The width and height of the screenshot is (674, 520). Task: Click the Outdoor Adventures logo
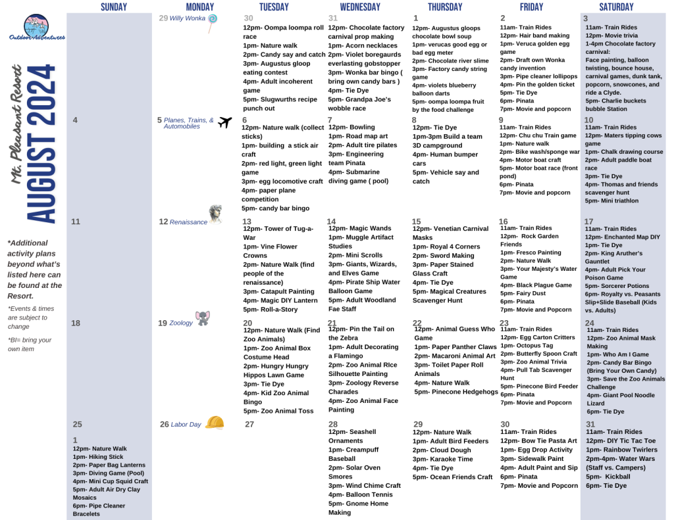tap(37, 28)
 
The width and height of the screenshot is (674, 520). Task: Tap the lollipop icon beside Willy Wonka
tap(213, 23)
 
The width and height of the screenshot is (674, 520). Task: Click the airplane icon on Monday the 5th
tap(225, 122)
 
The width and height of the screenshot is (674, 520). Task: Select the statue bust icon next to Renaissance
tap(215, 214)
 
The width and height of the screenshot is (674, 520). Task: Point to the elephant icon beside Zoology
tap(203, 319)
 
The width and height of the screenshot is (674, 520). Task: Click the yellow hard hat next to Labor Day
tap(215, 422)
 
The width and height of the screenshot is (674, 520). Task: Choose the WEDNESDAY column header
tap(359, 7)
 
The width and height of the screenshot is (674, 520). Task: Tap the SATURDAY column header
tap(616, 7)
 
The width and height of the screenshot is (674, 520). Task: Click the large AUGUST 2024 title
tap(41, 144)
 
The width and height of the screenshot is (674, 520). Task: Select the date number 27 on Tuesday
tap(249, 425)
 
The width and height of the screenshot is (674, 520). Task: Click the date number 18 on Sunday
tap(76, 323)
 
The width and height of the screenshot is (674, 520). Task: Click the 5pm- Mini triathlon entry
tap(611, 201)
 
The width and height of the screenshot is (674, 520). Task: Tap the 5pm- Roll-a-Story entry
tap(270, 309)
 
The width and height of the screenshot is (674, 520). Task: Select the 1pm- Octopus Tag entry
tap(521, 345)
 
